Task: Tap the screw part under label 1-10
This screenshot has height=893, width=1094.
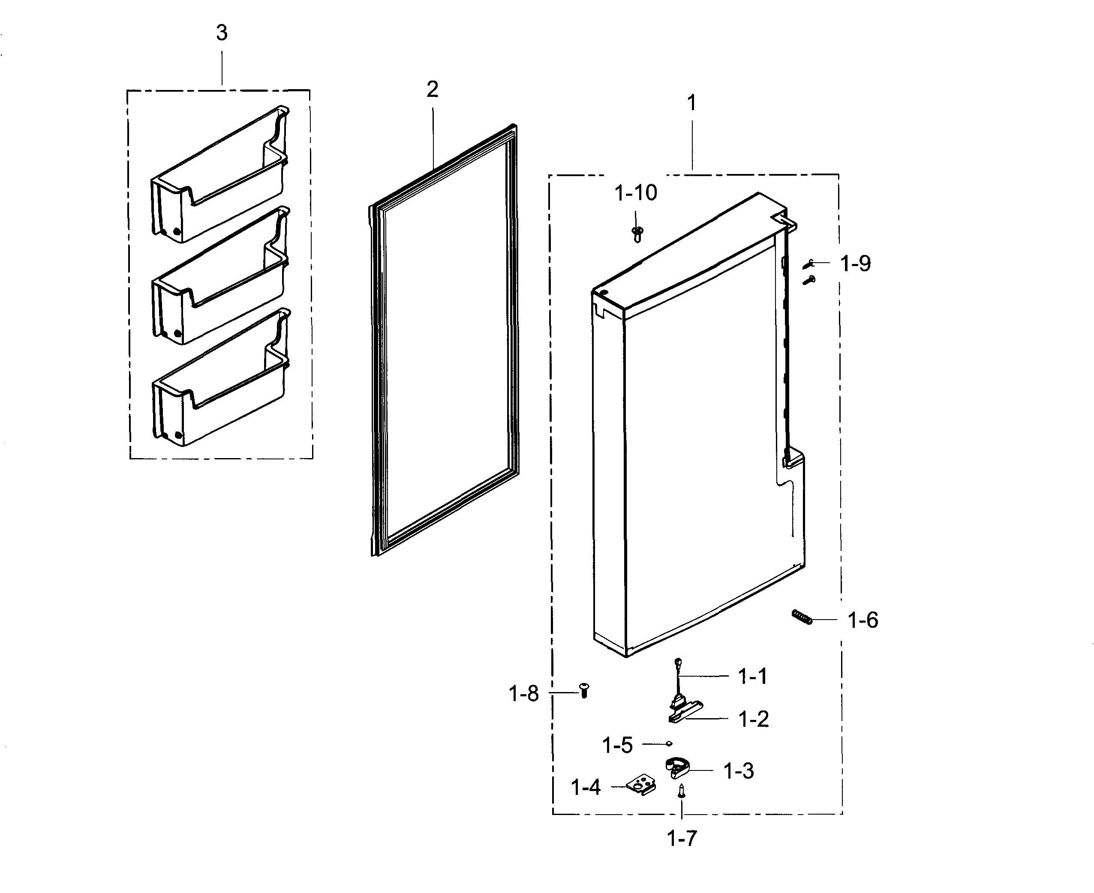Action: [x=637, y=234]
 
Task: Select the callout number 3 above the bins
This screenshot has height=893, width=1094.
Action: [x=222, y=33]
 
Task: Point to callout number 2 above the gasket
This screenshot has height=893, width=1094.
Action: [x=432, y=90]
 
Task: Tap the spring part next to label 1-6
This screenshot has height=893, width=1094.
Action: [x=801, y=616]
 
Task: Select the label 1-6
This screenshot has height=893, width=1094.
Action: [x=863, y=620]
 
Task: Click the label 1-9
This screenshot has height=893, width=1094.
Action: [x=855, y=264]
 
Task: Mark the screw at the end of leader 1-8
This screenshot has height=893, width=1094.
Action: [x=583, y=690]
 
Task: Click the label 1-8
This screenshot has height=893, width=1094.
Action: [x=523, y=694]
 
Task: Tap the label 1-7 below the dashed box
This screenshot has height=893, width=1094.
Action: [x=682, y=839]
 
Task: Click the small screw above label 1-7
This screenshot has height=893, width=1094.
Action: [x=682, y=791]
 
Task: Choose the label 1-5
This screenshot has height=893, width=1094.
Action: [x=617, y=745]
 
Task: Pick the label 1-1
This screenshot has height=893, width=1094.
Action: [x=752, y=677]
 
